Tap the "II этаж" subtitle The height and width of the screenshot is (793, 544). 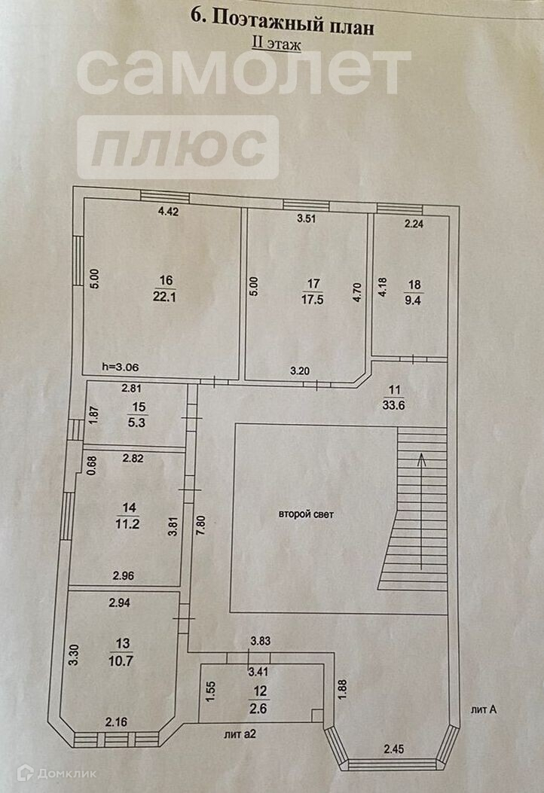[276, 44]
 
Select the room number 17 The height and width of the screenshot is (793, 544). [313, 283]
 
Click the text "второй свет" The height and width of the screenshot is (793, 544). [305, 515]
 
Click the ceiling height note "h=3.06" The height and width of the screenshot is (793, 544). [120, 367]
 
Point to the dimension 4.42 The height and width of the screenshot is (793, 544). [168, 212]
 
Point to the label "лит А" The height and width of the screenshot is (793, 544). [484, 709]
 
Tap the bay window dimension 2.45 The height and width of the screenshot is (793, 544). [395, 749]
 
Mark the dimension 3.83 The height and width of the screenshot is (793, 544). [261, 642]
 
